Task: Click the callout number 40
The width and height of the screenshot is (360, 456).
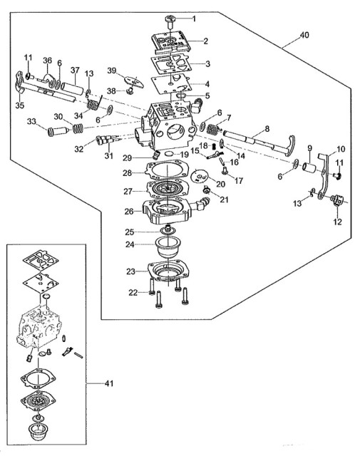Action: click(304, 35)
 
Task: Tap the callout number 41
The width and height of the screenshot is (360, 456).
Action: click(108, 383)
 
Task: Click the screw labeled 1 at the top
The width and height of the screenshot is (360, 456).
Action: click(170, 21)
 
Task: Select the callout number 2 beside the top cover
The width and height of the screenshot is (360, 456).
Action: click(205, 41)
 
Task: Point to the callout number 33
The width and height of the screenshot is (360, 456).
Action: click(31, 121)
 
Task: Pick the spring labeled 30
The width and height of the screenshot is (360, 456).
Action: click(78, 128)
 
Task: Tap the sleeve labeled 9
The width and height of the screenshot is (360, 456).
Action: click(309, 168)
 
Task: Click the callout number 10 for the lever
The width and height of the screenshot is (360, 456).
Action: click(340, 149)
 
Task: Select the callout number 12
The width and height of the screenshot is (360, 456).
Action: click(337, 222)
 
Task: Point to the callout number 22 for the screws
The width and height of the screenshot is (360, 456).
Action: click(133, 293)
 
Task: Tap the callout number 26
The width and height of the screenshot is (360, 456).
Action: click(129, 212)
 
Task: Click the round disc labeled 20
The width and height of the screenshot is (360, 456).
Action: click(200, 175)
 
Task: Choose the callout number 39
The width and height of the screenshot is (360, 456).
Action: click(111, 71)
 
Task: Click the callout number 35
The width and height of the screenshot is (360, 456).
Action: click(20, 105)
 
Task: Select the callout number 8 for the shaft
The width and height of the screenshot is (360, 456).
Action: click(267, 128)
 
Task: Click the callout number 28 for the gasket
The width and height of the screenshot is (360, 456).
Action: click(127, 173)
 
